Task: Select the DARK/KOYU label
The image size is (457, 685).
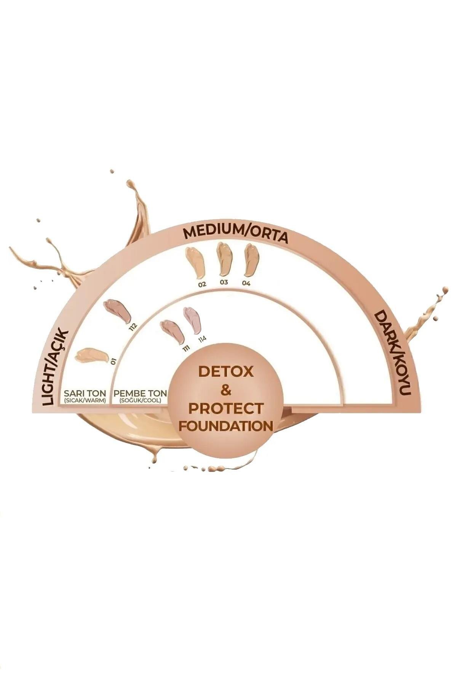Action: pyautogui.click(x=392, y=353)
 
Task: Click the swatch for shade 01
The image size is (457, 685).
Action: pyautogui.click(x=91, y=355)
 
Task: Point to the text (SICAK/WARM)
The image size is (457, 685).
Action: pyautogui.click(x=85, y=400)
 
